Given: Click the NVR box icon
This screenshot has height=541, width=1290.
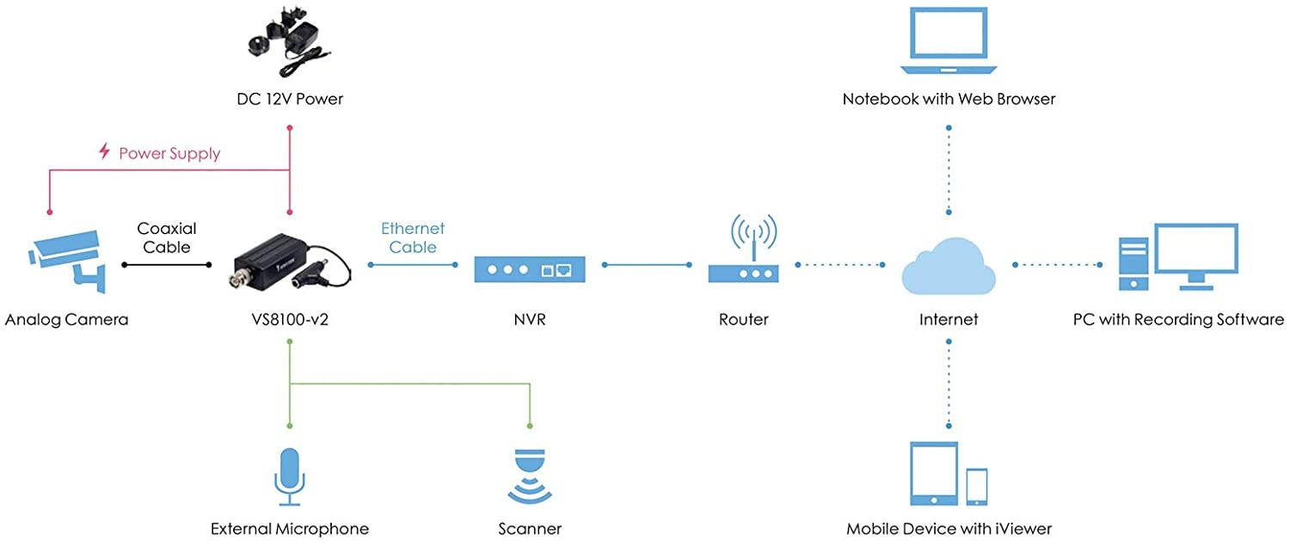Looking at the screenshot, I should tap(530, 270).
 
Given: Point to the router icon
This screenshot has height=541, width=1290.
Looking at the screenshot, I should tap(743, 258).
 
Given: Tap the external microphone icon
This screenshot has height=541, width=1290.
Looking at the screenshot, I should tap(290, 476).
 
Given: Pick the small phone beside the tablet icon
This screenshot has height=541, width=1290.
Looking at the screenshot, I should tap(976, 488).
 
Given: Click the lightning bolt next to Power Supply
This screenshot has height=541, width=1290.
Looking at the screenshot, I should tap(105, 152).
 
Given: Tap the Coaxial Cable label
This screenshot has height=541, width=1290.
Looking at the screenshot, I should tap(167, 237).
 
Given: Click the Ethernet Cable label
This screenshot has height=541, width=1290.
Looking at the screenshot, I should tap(413, 237).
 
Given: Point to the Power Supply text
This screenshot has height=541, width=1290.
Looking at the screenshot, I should tap(169, 154).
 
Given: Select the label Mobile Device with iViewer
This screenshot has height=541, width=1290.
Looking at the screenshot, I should tap(949, 528).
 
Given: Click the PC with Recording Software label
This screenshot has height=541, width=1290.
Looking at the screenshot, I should tap(1178, 320).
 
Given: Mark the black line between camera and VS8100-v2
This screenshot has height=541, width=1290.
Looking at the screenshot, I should tap(167, 265).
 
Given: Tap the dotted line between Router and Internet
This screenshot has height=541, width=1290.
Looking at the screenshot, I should tap(841, 265).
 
